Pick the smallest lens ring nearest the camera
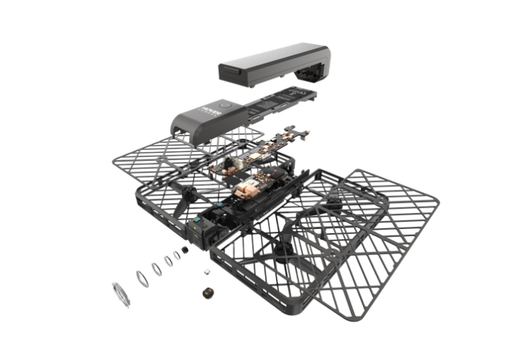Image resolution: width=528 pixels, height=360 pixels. (177, 256)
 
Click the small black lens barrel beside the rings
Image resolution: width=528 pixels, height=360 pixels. (186, 251)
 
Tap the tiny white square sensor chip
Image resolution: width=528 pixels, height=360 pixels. (207, 272)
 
